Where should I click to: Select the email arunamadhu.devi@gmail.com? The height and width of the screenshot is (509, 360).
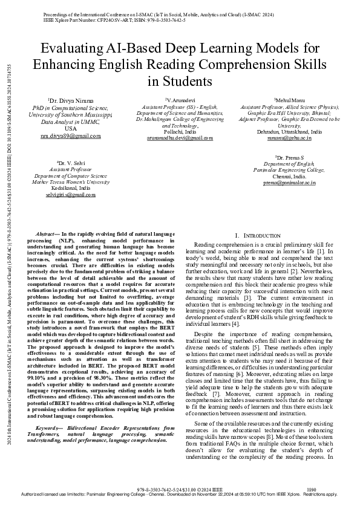(180, 138)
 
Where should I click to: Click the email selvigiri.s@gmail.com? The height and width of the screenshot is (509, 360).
(70, 195)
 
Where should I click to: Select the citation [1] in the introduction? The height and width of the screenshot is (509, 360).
(324, 250)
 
